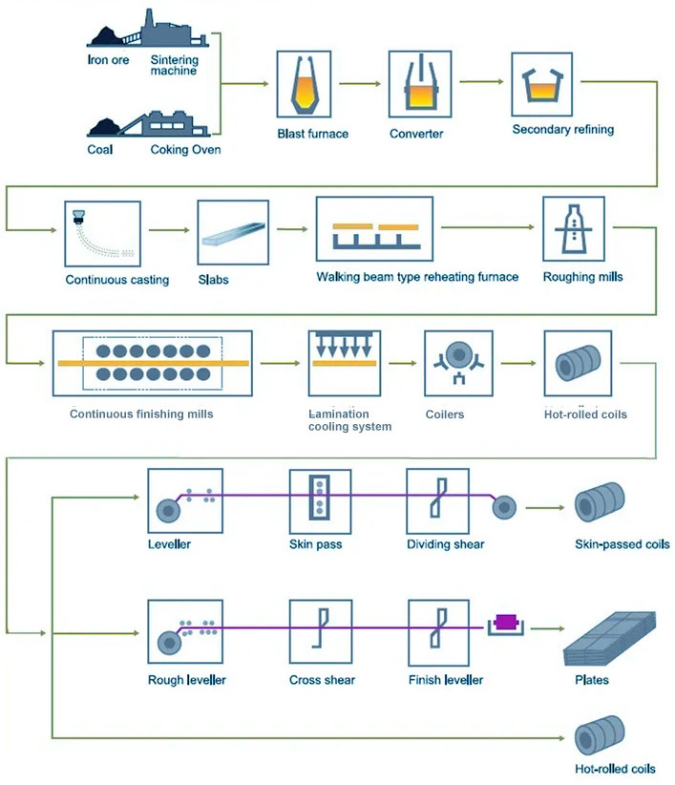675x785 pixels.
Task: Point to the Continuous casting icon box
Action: click(x=103, y=233)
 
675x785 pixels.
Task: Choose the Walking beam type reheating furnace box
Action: click(x=374, y=230)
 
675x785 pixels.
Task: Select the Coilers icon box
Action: click(x=458, y=364)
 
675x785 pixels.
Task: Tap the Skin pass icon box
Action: click(x=321, y=500)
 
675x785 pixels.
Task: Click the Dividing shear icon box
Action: click(x=438, y=500)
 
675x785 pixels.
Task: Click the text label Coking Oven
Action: click(x=185, y=149)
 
